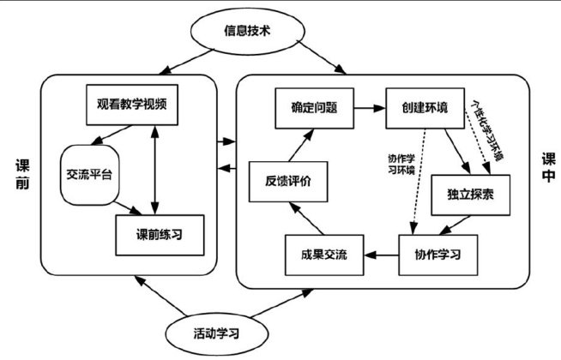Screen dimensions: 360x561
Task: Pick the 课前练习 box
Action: pyautogui.click(x=160, y=233)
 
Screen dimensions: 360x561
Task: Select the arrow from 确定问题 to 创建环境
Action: pyautogui.click(x=361, y=109)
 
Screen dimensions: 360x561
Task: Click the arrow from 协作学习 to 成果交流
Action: pyautogui.click(x=380, y=255)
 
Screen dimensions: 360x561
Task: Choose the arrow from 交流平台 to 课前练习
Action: pyautogui.click(x=129, y=208)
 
